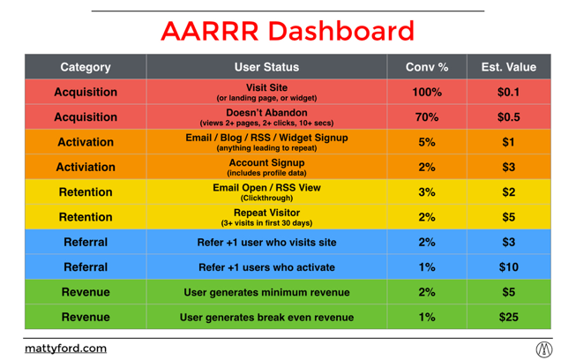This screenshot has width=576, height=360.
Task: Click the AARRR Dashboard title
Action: click(288, 31)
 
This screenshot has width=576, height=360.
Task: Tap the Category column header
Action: click(86, 67)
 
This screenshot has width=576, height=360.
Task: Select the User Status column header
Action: click(266, 67)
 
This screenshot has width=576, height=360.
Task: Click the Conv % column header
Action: click(427, 67)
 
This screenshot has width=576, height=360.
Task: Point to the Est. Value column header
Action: click(509, 67)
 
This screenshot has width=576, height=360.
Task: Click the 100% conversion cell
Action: click(427, 92)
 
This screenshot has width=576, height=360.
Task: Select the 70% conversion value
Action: click(427, 116)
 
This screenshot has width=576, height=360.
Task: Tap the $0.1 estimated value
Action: click(509, 92)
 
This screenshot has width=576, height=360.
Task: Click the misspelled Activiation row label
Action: click(86, 167)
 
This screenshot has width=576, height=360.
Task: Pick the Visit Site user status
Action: click(266, 87)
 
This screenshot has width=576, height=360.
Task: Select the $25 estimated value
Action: click(509, 317)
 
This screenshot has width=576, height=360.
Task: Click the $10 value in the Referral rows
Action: click(509, 267)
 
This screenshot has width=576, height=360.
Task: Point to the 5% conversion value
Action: click(427, 142)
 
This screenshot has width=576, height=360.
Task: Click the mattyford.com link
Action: click(66, 349)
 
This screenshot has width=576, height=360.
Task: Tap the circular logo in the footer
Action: click(544, 349)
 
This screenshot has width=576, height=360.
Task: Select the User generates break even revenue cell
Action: click(266, 318)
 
